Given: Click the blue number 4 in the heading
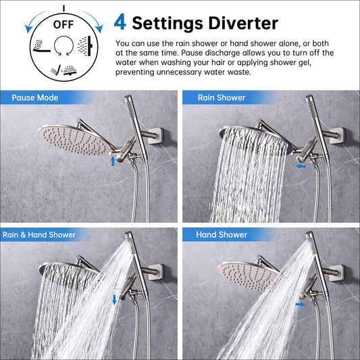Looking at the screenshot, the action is point(120,22).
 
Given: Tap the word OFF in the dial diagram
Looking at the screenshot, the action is point(63,24).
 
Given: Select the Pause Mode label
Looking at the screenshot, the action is point(35,98).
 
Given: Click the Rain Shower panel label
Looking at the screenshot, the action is point(222,98).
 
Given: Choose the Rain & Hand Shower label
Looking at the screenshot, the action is point(39,234).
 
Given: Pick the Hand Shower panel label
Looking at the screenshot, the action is point(222,234).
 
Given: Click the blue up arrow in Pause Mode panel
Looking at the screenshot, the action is point(113,161).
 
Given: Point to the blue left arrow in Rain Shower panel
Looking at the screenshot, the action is point(301,166).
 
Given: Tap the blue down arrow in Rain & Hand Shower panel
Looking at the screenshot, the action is point(114,300).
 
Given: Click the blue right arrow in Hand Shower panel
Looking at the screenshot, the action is point(301,305).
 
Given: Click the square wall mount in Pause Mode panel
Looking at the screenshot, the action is point(155,136).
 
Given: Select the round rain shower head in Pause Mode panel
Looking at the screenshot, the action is point(75,140).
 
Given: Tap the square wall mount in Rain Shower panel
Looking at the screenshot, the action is point(337,136).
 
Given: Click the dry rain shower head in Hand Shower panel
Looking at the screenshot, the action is point(249,276).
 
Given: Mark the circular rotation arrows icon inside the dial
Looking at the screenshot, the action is point(63,46).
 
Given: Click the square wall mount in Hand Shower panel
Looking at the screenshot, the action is point(337,273).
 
